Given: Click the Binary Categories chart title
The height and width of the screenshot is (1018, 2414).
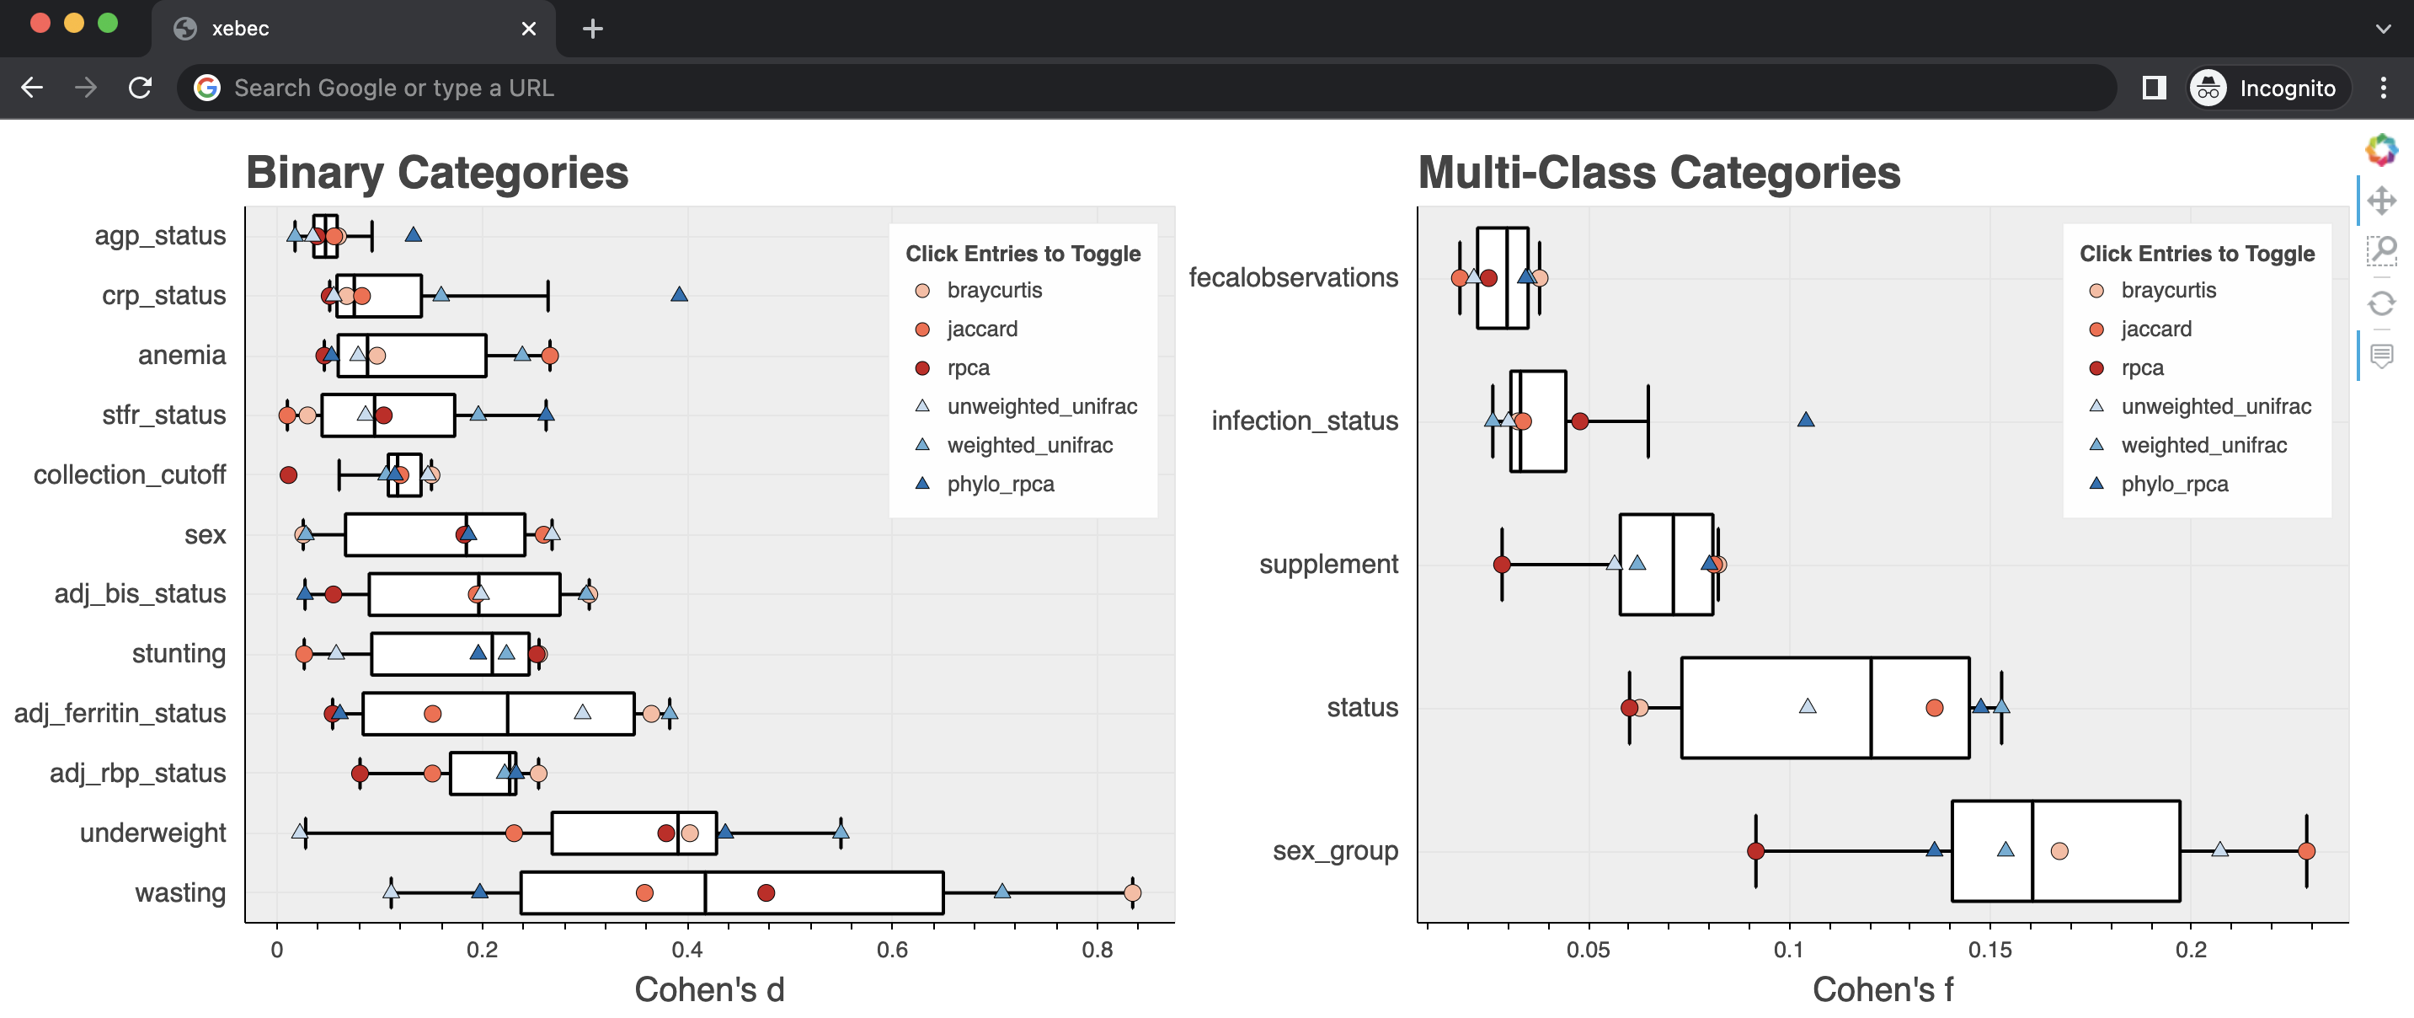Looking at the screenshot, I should pyautogui.click(x=436, y=173).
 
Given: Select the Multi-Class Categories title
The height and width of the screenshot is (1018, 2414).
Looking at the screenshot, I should pyautogui.click(x=1658, y=173).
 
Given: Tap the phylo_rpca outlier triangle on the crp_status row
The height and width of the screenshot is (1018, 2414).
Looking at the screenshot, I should pyautogui.click(x=680, y=294).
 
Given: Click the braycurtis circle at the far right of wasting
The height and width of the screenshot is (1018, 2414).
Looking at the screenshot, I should pyautogui.click(x=1132, y=892).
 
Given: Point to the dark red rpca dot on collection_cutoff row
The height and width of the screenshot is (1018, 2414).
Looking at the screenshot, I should pyautogui.click(x=289, y=475).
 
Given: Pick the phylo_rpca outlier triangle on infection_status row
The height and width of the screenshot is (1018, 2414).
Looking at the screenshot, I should pyautogui.click(x=1806, y=419).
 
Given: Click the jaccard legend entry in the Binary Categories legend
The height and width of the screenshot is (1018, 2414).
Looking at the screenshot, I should pyautogui.click(x=981, y=329).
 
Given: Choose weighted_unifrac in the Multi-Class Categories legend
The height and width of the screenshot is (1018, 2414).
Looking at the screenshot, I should pyautogui.click(x=2203, y=445).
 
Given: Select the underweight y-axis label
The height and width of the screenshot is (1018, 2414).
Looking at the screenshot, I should pyautogui.click(x=152, y=833).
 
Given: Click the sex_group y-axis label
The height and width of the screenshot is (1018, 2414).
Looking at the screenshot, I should pyautogui.click(x=1334, y=850).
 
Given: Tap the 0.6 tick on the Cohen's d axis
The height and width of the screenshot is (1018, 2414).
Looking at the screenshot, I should pyautogui.click(x=891, y=950).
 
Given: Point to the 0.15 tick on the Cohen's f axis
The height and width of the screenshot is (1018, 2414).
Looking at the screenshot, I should pyautogui.click(x=1989, y=950).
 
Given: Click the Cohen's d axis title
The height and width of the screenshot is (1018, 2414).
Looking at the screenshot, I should pyautogui.click(x=709, y=989).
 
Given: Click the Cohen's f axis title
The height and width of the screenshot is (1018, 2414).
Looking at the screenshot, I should pyautogui.click(x=1883, y=989).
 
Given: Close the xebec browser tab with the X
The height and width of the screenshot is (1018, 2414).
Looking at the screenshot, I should pyautogui.click(x=528, y=29).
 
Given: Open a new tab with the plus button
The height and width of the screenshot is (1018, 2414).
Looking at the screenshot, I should pyautogui.click(x=592, y=29).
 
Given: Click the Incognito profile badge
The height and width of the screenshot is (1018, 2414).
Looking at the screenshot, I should pyautogui.click(x=2267, y=88).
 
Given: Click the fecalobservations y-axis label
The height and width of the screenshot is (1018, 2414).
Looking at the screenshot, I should pyautogui.click(x=1293, y=277).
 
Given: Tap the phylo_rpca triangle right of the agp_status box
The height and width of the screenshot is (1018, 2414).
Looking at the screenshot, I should pyautogui.click(x=414, y=234).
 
